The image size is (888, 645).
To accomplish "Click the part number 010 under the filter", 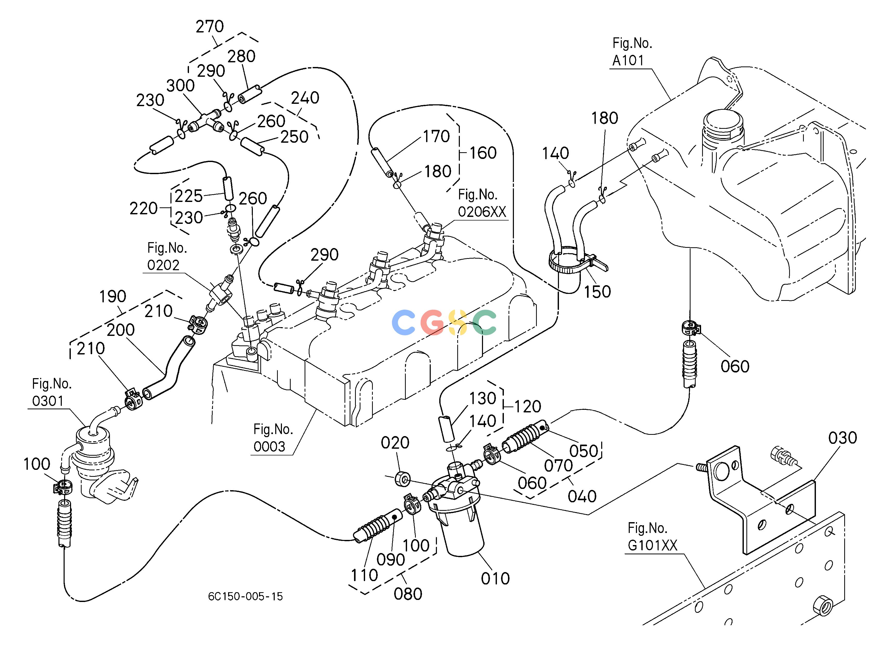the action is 495,579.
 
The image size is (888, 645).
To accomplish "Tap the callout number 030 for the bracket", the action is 843,438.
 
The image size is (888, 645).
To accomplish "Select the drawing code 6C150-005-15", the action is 245,596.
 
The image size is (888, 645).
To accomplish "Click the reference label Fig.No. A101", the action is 632,52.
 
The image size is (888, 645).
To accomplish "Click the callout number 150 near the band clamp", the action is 598,292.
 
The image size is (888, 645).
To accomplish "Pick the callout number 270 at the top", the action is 210,27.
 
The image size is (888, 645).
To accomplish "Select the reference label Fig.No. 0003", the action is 273,438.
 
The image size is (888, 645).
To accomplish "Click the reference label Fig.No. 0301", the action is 52,392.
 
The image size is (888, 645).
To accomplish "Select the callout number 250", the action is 295,137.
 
